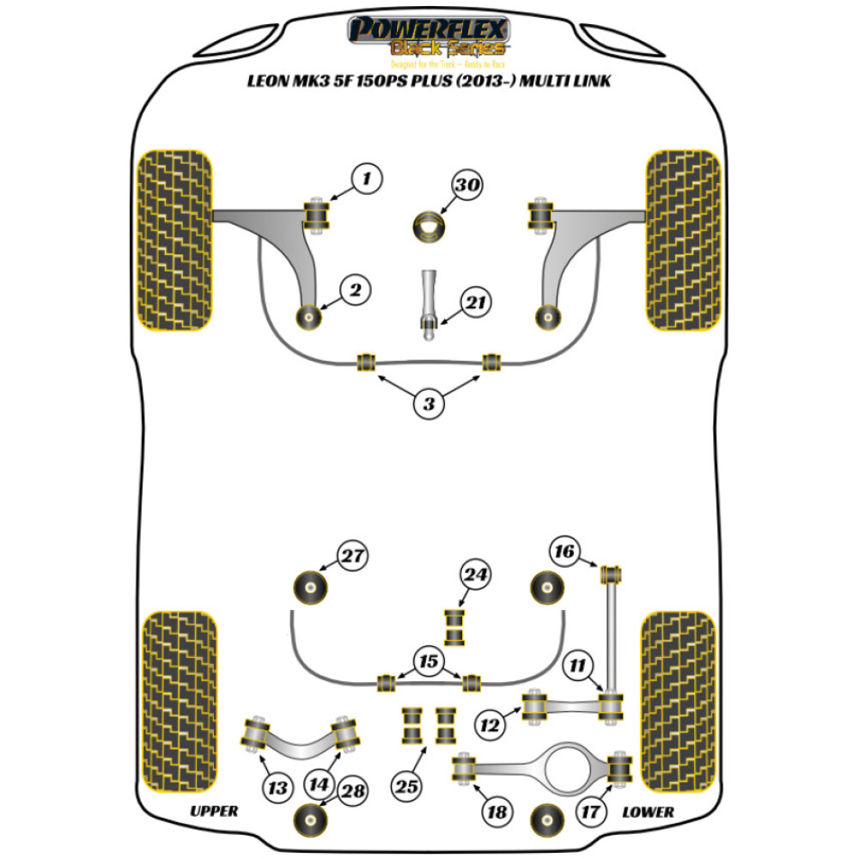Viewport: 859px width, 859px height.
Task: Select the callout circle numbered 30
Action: [x=469, y=186]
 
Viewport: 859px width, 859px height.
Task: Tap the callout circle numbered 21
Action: [x=474, y=302]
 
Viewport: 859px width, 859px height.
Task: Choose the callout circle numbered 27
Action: [x=350, y=557]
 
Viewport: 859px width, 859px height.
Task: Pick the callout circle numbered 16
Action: [x=565, y=551]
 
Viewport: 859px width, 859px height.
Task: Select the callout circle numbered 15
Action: [x=428, y=661]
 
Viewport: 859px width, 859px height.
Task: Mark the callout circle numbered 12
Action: [x=491, y=727]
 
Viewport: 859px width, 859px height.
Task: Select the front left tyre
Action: [x=174, y=241]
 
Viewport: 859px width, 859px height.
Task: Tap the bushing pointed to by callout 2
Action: [x=308, y=316]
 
